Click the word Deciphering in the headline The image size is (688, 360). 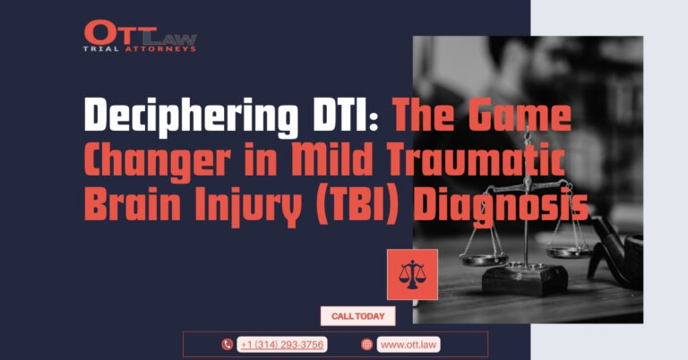point(191,117)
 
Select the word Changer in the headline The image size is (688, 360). point(157,161)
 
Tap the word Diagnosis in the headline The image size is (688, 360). point(501,208)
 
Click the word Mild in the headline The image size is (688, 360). point(331,159)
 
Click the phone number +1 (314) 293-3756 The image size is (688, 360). point(282,345)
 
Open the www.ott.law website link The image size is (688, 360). point(408,345)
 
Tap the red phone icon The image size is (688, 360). point(227,345)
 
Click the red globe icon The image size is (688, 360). point(366,345)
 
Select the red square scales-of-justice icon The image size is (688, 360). point(412,275)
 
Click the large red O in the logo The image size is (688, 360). point(99,32)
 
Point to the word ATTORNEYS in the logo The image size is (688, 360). point(160,49)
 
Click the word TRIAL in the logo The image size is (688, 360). point(101,49)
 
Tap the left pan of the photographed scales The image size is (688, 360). point(484,258)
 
